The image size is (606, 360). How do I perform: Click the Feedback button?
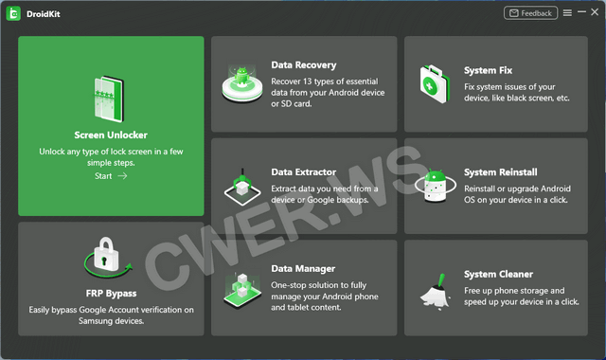coord(530,13)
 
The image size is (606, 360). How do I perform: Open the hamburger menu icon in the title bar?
coord(567,13)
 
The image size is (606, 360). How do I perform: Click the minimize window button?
coord(581,12)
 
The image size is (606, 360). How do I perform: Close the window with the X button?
coord(595,12)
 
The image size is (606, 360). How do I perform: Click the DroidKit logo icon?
coord(13,14)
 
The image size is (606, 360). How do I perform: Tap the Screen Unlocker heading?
coord(111,135)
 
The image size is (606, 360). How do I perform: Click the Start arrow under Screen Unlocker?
coord(122,176)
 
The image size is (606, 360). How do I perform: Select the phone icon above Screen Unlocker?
coord(110,99)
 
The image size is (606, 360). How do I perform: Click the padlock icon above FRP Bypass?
coord(107,257)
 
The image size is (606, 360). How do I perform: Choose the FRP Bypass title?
coord(112,294)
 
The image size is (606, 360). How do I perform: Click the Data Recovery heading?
coord(304,65)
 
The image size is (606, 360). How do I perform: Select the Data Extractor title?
coord(304,172)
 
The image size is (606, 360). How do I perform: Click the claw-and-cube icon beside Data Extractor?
coord(242,187)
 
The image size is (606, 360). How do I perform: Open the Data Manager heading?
coord(303,268)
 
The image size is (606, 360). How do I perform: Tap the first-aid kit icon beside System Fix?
coord(436,84)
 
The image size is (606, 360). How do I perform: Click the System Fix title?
coord(489,70)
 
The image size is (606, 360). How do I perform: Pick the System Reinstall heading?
coord(501,172)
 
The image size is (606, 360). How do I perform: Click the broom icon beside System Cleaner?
coord(436,292)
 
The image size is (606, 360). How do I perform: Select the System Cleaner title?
coord(499,274)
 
